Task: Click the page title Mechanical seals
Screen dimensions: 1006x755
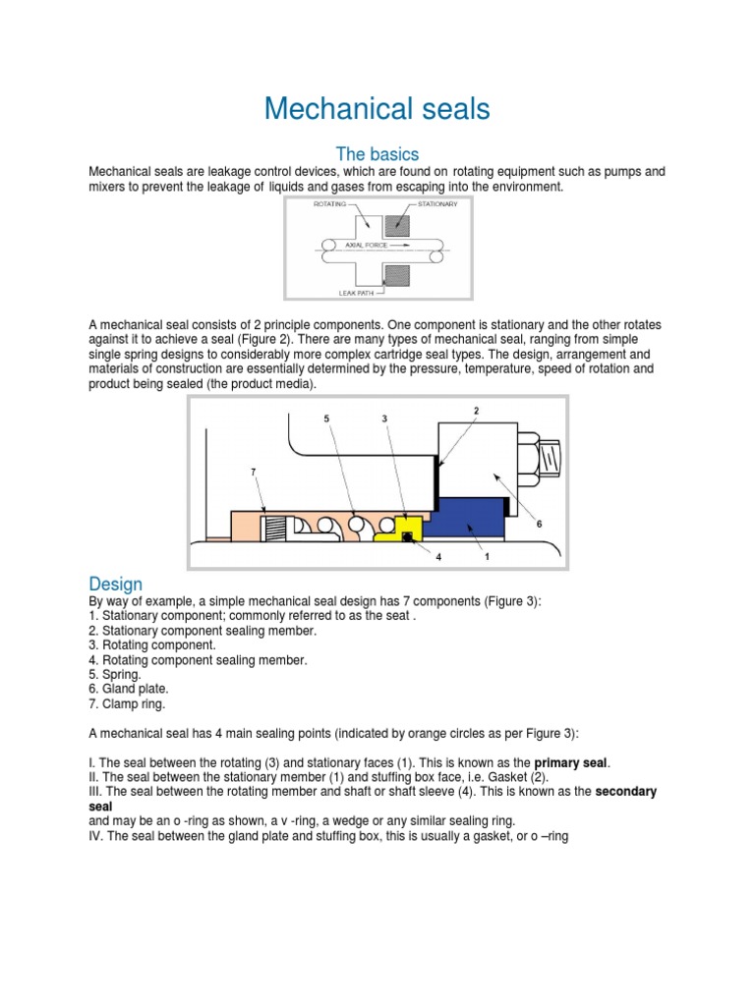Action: point(377,109)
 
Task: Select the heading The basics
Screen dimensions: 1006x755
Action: point(377,154)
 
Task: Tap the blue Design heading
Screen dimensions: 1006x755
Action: point(115,584)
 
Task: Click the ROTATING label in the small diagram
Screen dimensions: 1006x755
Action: point(330,204)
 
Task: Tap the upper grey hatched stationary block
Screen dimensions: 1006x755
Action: point(398,224)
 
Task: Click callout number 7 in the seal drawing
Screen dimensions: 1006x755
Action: point(253,473)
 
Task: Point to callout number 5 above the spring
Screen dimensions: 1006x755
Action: point(327,419)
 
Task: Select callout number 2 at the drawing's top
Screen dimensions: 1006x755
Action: point(476,409)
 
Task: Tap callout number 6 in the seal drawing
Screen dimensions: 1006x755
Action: point(539,525)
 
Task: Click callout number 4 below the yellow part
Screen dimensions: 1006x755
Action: point(438,556)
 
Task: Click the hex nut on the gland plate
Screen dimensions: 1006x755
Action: point(521,457)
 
